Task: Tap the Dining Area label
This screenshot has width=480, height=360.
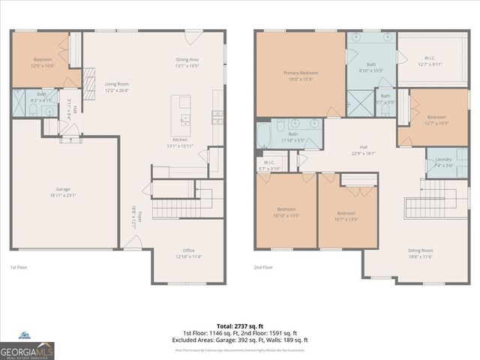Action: click(x=187, y=62)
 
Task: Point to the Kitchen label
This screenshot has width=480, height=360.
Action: click(x=180, y=142)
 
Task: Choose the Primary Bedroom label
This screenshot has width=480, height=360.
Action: click(x=300, y=76)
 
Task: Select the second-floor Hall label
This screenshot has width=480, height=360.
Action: click(x=364, y=150)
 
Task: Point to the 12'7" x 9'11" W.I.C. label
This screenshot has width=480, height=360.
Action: click(x=429, y=61)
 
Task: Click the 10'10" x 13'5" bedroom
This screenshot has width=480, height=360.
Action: click(x=286, y=211)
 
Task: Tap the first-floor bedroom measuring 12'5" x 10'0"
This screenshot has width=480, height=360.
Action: click(x=43, y=62)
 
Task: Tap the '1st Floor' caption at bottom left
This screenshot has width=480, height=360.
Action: click(x=19, y=267)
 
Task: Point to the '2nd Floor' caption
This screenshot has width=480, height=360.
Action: click(x=263, y=267)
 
